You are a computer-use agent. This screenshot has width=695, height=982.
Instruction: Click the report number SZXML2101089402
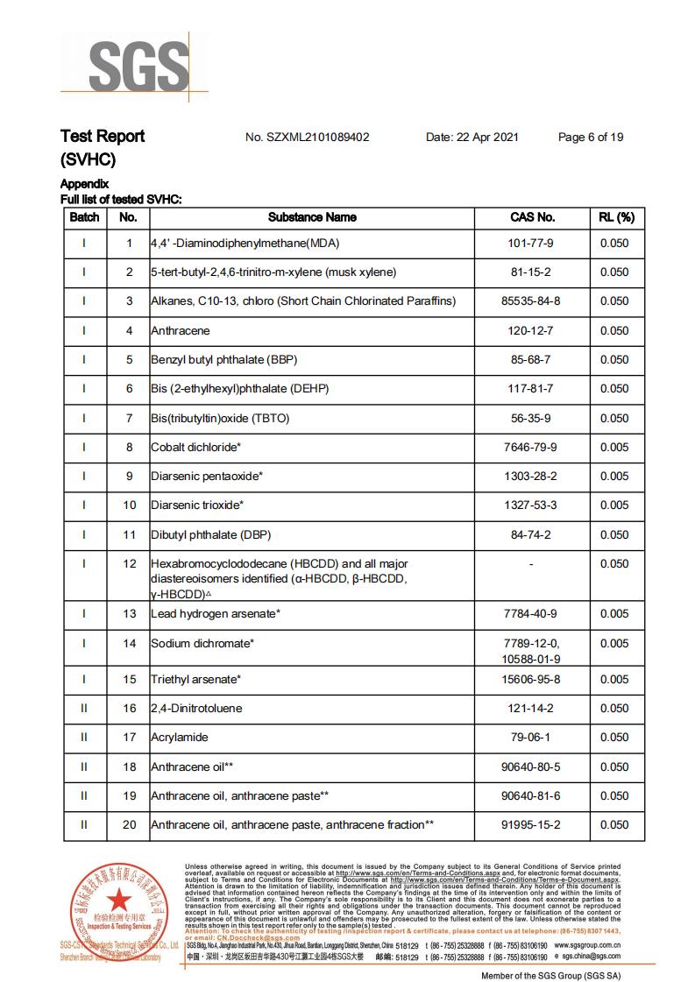click(x=308, y=138)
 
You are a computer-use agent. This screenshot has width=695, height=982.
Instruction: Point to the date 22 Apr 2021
click(x=472, y=138)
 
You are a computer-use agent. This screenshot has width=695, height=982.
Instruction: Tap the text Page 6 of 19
click(x=591, y=138)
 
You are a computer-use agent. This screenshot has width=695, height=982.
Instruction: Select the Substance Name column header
click(x=312, y=217)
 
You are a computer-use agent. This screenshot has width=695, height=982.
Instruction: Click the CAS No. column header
click(x=532, y=217)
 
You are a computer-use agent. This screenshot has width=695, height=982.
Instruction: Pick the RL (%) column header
click(x=616, y=217)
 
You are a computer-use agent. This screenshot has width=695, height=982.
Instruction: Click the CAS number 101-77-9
click(x=532, y=244)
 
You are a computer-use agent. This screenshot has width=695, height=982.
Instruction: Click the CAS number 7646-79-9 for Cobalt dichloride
click(x=532, y=448)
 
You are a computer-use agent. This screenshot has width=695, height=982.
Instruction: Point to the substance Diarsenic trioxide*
click(x=196, y=505)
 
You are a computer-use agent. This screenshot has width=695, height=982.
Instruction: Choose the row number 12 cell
click(x=129, y=564)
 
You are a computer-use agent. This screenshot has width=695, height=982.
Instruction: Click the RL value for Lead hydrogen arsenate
click(x=614, y=614)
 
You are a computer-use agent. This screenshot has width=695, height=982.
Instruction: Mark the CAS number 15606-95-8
click(x=532, y=680)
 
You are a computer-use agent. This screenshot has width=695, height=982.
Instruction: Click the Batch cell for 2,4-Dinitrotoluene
click(x=84, y=709)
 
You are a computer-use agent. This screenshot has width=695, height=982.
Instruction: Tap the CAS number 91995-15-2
click(x=532, y=825)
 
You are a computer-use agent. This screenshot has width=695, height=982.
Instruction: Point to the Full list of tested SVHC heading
click(x=121, y=200)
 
